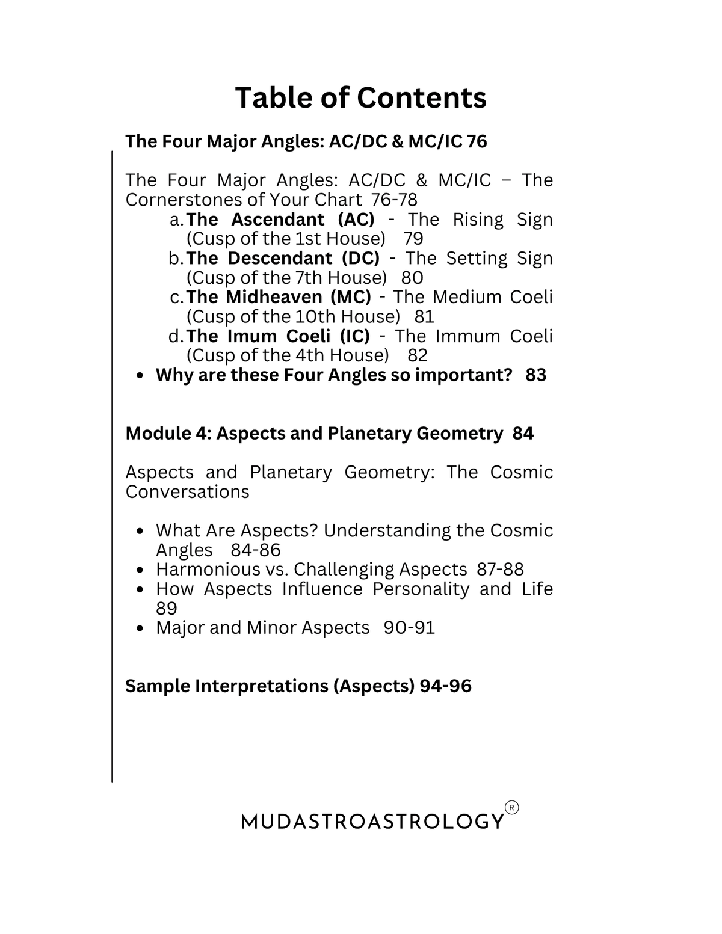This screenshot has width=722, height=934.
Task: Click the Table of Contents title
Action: (x=360, y=98)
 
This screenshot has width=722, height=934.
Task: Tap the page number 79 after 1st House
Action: (x=413, y=239)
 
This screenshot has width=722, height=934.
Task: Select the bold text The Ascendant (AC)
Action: (x=280, y=219)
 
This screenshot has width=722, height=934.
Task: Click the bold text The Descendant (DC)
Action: (x=283, y=258)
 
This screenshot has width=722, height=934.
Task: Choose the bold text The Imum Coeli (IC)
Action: (x=278, y=336)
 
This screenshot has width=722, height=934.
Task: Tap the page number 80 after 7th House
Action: (x=412, y=278)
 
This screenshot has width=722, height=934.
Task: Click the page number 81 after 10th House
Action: (x=424, y=316)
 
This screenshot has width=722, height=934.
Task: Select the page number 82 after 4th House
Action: (x=418, y=355)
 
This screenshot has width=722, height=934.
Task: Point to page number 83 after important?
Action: (x=535, y=375)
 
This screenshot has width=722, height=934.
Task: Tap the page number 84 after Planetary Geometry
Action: (x=523, y=434)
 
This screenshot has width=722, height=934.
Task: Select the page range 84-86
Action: (x=256, y=550)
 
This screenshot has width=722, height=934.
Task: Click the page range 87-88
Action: (x=500, y=570)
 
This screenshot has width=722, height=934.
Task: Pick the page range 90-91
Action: (x=409, y=628)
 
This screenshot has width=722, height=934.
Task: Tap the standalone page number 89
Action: (x=167, y=608)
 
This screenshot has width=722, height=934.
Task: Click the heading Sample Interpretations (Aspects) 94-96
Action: (x=298, y=686)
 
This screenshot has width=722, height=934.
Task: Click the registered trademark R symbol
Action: (x=511, y=808)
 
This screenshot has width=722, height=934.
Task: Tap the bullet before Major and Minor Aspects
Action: (x=140, y=628)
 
